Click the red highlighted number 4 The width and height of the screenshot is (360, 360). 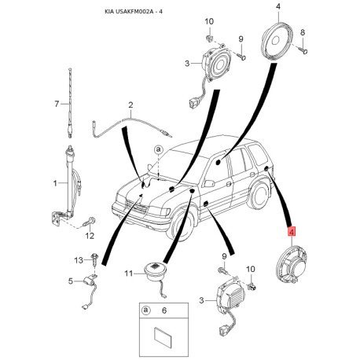[x=292, y=232]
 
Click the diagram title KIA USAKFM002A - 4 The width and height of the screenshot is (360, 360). [x=134, y=12]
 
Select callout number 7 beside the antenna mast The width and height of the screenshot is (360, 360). [x=57, y=104]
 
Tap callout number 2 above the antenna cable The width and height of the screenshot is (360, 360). [x=130, y=105]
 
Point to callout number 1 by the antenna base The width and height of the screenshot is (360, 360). [x=55, y=183]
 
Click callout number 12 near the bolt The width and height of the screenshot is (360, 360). [x=90, y=236]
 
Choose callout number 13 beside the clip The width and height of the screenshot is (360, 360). [x=79, y=260]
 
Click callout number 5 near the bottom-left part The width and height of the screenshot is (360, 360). [x=71, y=281]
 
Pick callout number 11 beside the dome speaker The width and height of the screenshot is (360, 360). [x=128, y=274]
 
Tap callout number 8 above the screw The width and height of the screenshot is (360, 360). [x=303, y=32]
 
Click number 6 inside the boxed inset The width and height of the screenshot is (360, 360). [x=164, y=310]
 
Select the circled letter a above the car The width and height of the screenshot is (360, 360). [x=158, y=149]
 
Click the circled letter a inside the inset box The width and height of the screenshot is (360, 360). [x=145, y=310]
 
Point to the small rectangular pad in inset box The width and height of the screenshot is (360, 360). [x=163, y=338]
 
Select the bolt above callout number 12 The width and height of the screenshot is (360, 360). [x=89, y=222]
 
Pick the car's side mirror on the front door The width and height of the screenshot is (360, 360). [x=209, y=183]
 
